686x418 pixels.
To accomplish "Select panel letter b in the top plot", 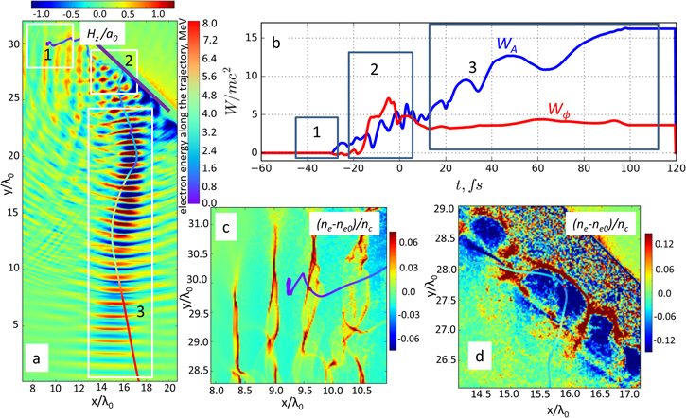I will pos(274,43).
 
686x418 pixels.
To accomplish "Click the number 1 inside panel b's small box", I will pos(317,134).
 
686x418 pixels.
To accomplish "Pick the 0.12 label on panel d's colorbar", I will pos(668,236).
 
